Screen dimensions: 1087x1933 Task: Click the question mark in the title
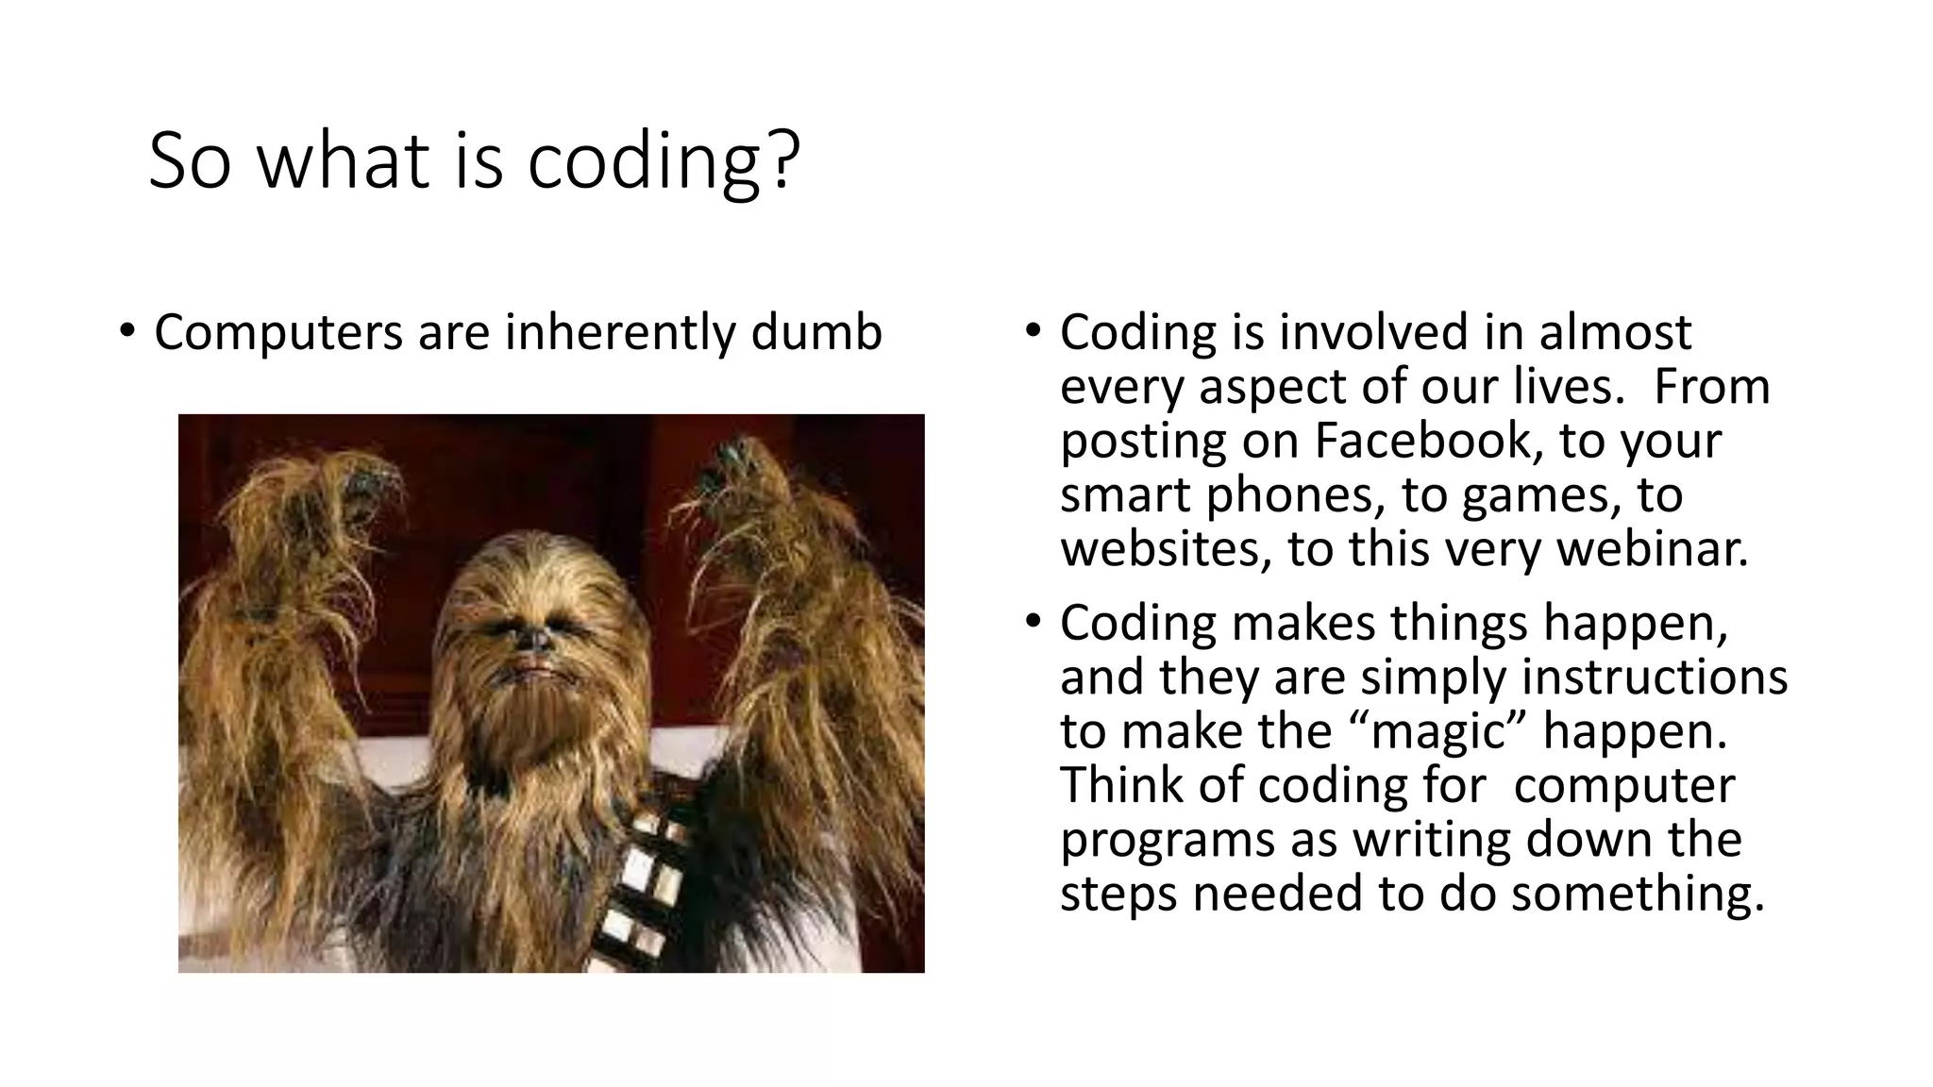[x=782, y=160]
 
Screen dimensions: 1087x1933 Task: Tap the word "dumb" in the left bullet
[x=816, y=332]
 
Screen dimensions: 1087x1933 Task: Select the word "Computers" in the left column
[x=278, y=334]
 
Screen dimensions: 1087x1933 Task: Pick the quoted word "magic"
[x=1440, y=731]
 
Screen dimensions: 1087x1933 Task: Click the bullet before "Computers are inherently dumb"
[x=127, y=332]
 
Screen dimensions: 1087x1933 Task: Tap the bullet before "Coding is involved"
[x=1034, y=332]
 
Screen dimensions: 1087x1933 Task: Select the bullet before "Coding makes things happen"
[x=1034, y=622]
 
